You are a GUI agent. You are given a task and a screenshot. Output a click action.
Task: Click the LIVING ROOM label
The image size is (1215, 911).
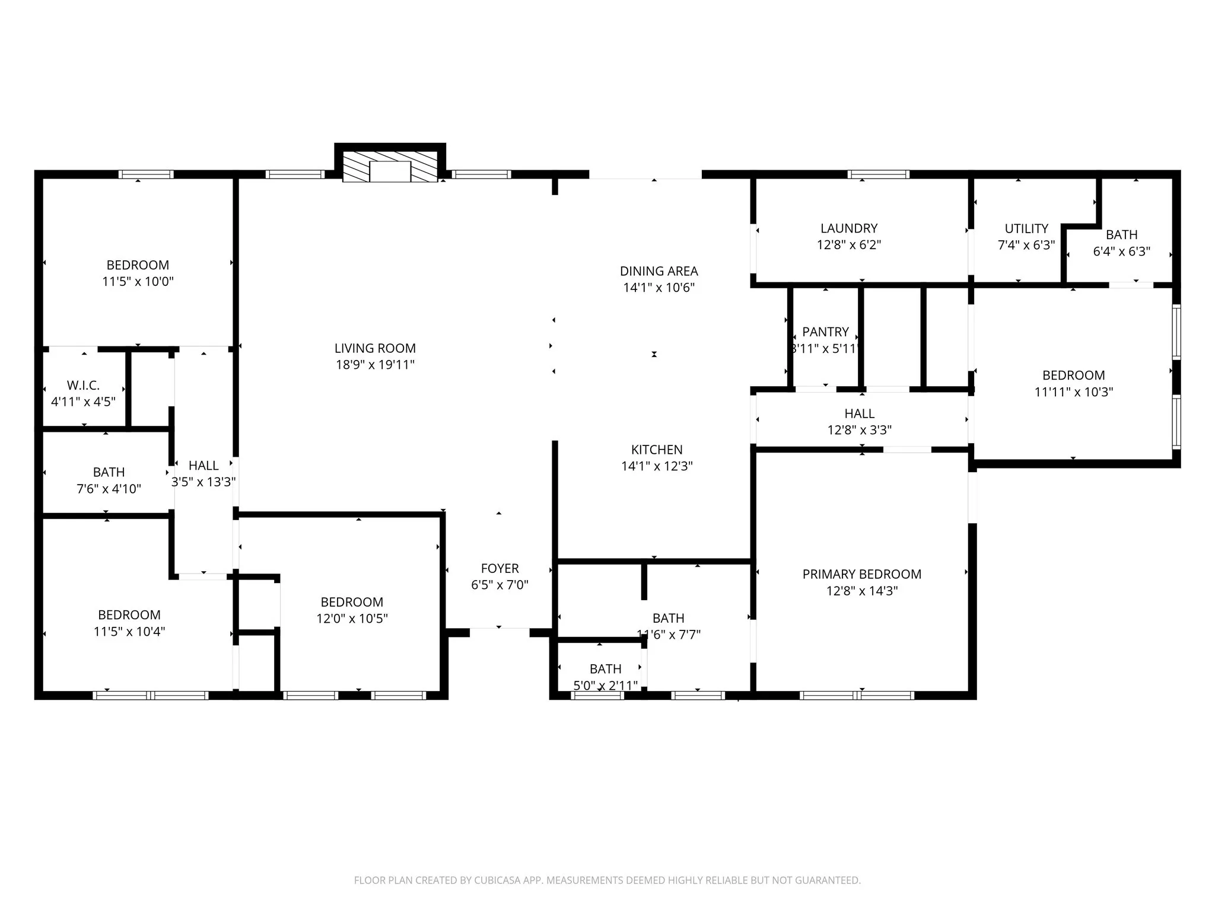[375, 348]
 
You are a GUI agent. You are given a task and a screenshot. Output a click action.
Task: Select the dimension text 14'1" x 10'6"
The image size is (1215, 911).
[659, 288]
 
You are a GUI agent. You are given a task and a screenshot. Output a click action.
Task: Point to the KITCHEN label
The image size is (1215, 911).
[657, 450]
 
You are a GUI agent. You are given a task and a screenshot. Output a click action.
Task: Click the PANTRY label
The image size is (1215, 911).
[825, 332]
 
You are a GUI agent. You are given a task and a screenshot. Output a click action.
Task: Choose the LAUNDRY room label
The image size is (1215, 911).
[848, 228]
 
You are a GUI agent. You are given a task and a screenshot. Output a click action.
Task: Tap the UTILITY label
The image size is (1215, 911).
[1026, 228]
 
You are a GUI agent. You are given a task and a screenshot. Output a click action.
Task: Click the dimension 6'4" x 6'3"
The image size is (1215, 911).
[1121, 251]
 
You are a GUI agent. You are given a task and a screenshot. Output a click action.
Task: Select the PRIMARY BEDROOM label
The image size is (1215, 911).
[861, 574]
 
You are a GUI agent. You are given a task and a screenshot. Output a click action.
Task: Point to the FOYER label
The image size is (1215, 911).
[500, 568]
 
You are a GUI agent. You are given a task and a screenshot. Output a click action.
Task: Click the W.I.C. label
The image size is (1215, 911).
[83, 386]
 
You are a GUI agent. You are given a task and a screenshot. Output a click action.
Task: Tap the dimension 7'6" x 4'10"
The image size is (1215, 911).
[109, 489]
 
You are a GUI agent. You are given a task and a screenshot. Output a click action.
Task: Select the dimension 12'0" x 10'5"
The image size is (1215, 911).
[352, 619]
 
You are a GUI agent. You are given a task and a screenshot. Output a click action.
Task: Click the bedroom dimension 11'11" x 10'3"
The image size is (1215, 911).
[1073, 391]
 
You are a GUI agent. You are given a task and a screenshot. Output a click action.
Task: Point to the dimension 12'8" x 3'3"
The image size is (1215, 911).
[859, 430]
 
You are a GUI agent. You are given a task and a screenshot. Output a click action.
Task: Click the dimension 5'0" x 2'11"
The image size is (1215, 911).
[605, 686]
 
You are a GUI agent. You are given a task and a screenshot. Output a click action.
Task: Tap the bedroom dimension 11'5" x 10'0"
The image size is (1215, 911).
[138, 281]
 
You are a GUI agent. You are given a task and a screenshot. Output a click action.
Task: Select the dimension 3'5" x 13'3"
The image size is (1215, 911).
[203, 482]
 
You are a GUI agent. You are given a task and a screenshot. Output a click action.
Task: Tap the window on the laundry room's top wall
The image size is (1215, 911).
[878, 174]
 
